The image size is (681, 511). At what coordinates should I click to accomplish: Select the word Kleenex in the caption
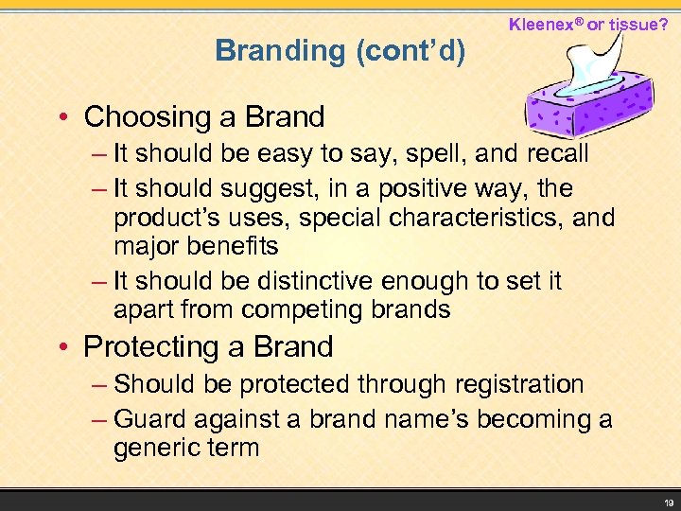[545, 22]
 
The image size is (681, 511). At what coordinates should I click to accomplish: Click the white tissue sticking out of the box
[589, 66]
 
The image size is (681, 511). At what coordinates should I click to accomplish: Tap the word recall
[550, 153]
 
